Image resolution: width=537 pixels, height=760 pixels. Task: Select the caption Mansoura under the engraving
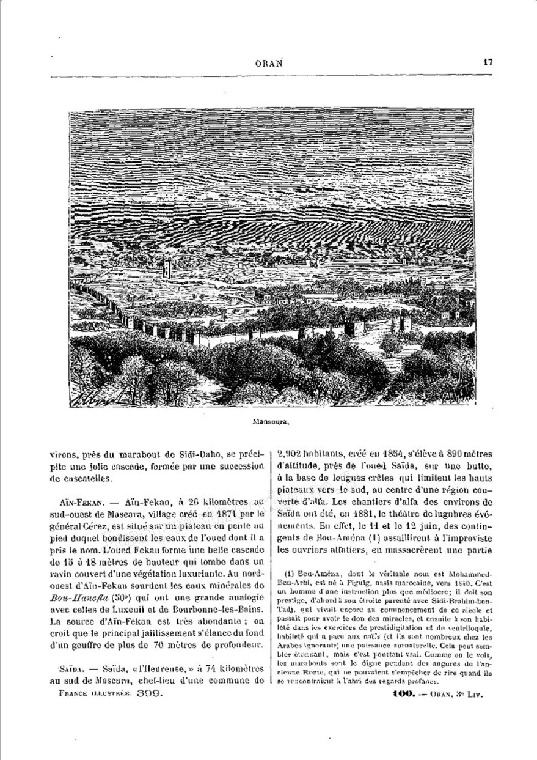[x=269, y=422]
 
